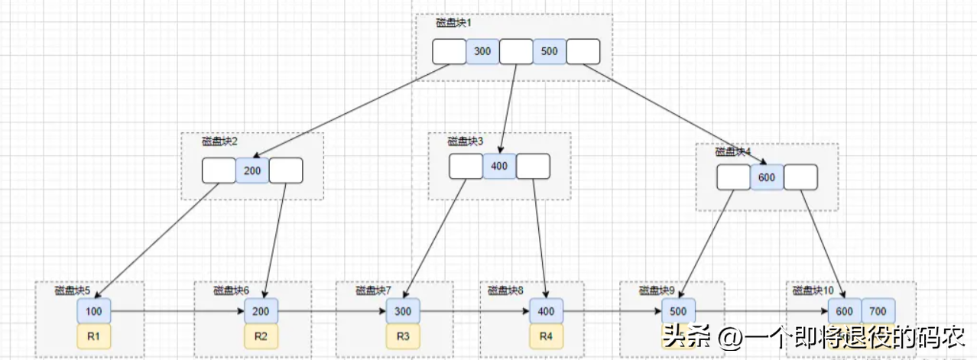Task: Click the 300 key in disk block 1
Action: coord(482,51)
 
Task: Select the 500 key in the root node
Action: coord(549,51)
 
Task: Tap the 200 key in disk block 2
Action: coord(252,170)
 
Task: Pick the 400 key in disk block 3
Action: coord(499,167)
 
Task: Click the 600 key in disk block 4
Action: coord(767,177)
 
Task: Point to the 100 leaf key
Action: coord(93,312)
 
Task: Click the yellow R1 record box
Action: coord(93,336)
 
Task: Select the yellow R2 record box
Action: coord(261,336)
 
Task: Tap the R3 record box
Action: coord(402,336)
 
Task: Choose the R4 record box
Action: coord(546,336)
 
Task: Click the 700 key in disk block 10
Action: coord(878,312)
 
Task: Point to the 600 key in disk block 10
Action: coord(844,312)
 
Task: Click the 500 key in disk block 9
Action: coord(677,312)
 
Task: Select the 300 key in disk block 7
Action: coord(402,312)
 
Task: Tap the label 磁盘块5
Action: coord(73,290)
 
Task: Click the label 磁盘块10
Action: coord(813,290)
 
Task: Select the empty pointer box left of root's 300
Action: coord(449,51)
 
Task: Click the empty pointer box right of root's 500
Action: coord(583,51)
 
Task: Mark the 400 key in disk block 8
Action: coord(546,312)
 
